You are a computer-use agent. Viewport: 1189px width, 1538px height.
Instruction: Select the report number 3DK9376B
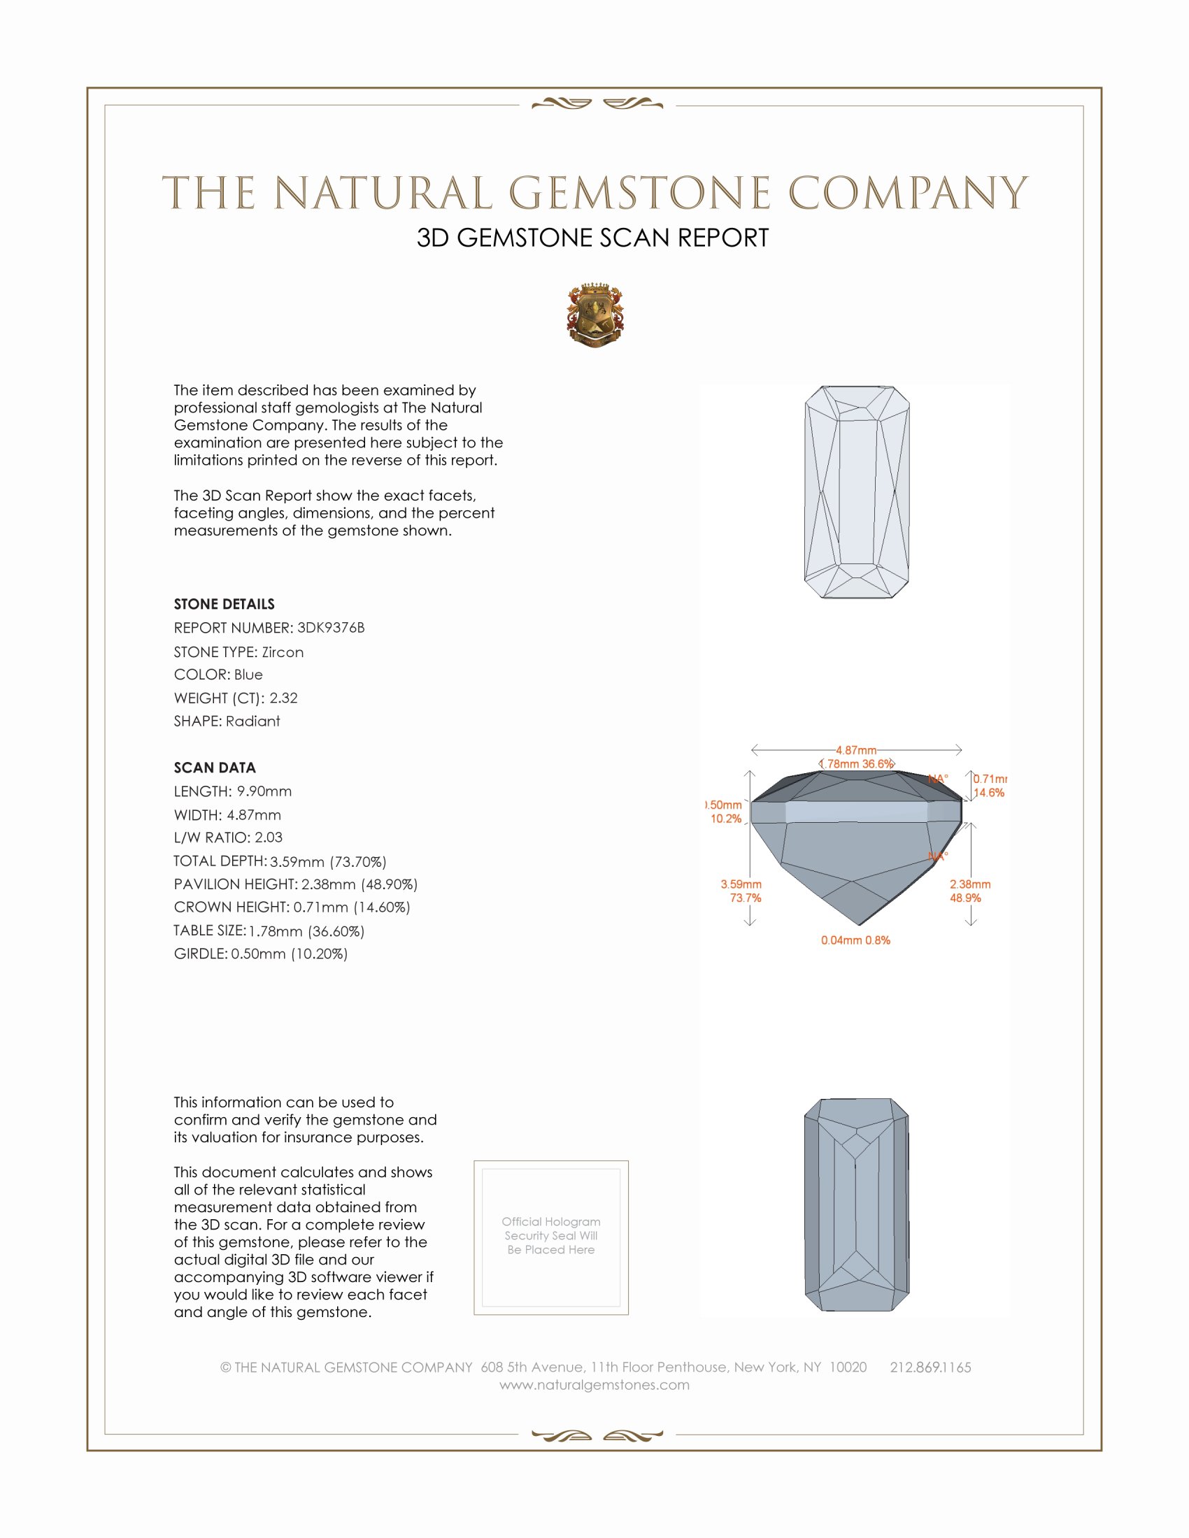click(330, 628)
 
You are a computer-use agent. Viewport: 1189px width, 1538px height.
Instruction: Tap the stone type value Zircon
click(283, 652)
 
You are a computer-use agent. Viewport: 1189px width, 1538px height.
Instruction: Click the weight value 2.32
click(283, 698)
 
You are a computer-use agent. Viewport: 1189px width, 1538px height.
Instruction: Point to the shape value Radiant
click(253, 721)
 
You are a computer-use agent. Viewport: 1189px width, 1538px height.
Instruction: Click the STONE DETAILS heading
click(224, 604)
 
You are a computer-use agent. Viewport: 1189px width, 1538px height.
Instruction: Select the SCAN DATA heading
click(215, 768)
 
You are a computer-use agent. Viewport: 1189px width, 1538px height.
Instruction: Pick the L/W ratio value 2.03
click(269, 838)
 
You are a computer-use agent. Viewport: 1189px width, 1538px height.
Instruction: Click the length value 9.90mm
click(264, 791)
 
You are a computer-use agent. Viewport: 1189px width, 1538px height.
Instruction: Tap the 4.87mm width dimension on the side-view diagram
click(856, 750)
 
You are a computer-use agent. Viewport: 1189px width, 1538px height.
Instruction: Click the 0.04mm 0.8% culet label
click(855, 940)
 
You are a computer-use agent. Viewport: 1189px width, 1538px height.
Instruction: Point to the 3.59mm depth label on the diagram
click(741, 884)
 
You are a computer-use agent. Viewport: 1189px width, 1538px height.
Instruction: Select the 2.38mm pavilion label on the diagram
click(970, 884)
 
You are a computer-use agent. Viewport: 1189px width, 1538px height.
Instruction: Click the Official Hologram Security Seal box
click(551, 1237)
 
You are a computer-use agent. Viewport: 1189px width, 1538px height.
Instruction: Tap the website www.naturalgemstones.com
click(594, 1385)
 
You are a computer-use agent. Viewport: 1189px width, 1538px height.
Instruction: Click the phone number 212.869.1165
click(930, 1367)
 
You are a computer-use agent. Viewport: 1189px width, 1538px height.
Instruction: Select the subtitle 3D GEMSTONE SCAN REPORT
click(592, 238)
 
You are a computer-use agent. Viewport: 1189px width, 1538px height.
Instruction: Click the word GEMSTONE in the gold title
click(639, 194)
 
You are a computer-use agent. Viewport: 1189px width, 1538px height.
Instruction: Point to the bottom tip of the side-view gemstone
click(860, 925)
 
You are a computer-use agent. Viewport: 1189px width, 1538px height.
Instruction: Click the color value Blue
click(248, 675)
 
